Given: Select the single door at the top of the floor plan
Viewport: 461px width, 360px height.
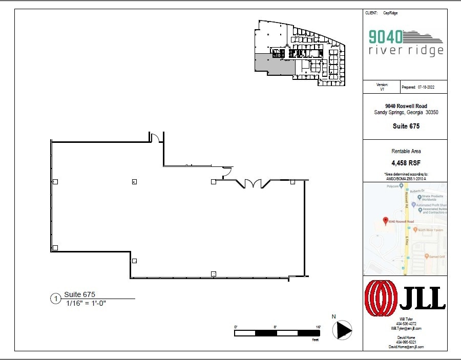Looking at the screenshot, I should (155, 137).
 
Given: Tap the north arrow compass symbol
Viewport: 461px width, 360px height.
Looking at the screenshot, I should (342, 329).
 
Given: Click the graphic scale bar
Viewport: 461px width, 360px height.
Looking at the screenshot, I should (277, 333).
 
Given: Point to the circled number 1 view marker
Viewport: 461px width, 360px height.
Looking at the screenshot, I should (55, 299).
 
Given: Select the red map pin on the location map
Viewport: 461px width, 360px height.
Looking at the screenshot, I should (385, 221).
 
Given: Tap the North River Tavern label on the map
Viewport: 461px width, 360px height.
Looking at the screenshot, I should (431, 230).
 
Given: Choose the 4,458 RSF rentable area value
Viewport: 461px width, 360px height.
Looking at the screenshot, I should (405, 163).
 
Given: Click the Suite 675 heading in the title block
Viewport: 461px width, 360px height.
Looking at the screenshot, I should (405, 126).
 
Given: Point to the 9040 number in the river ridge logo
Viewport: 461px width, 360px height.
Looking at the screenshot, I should (385, 36).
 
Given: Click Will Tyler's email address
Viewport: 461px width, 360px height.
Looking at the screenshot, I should (406, 328).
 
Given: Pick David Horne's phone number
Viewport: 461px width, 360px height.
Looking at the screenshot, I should (406, 342).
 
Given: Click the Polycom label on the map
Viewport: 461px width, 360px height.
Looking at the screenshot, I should (391, 186).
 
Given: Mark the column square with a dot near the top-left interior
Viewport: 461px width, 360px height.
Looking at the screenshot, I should (134, 181).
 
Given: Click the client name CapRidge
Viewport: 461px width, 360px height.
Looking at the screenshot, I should (390, 13).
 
